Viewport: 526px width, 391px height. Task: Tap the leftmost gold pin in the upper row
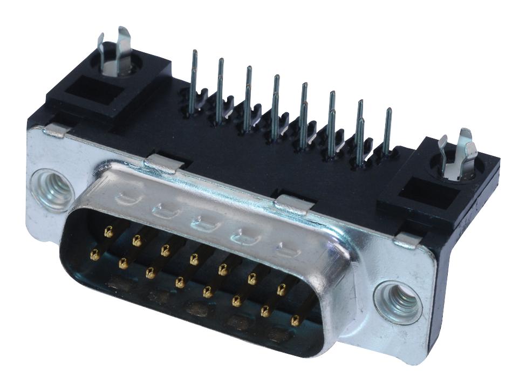(x=108, y=232)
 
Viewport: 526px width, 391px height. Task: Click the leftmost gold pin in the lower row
(x=95, y=255)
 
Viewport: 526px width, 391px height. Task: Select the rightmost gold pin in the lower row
(x=295, y=321)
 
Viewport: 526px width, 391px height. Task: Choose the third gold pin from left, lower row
(x=151, y=273)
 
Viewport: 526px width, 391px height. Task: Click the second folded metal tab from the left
(x=162, y=161)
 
